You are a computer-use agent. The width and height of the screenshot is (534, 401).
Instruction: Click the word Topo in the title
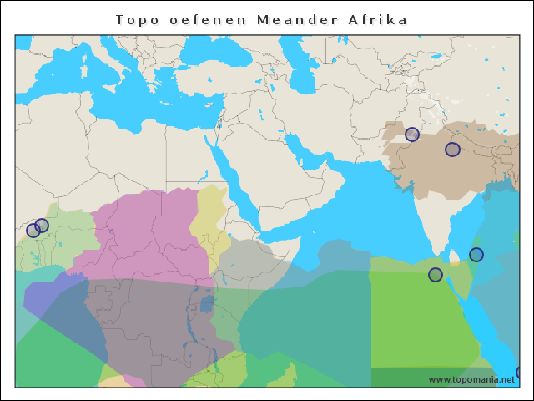coord(135,19)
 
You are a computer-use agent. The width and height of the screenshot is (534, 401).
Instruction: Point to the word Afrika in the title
coord(378,19)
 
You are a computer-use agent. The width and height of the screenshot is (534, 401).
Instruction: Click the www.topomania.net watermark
coord(471,379)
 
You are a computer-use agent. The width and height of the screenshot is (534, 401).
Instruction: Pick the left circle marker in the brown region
coord(412,135)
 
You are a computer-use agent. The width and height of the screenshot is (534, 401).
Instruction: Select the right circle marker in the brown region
coord(452,150)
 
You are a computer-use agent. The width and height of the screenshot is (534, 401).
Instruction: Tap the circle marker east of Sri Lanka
coord(476,255)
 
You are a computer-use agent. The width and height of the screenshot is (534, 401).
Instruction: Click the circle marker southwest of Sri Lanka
coord(436,275)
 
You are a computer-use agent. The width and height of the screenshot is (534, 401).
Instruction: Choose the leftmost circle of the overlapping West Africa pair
coord(33,231)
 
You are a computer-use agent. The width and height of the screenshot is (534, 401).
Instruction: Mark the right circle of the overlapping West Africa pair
coord(43,226)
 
